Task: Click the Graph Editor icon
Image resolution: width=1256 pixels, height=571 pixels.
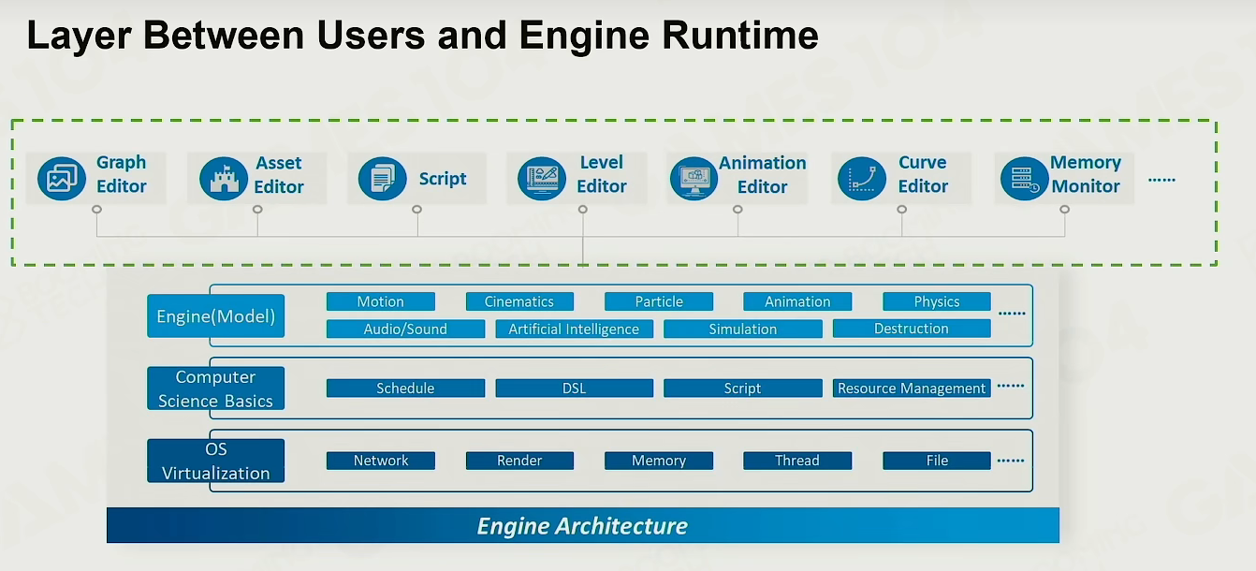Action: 62,179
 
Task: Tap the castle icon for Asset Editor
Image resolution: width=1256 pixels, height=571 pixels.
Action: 224,179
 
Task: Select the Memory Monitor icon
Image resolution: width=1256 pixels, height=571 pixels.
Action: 1025,179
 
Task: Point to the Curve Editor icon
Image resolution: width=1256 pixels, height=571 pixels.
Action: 862,179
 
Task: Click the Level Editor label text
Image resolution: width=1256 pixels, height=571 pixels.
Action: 602,174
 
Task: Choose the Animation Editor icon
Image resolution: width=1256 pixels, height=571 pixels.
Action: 694,179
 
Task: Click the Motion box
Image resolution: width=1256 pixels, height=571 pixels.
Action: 381,301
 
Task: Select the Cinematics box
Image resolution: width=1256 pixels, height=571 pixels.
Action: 519,301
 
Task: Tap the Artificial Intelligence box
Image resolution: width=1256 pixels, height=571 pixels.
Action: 574,329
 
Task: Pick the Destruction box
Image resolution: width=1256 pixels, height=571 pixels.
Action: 912,329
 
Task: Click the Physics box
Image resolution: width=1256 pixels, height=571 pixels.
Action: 937,301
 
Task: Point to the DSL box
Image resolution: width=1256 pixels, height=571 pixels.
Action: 574,388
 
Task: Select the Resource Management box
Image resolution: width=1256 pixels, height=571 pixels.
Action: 912,388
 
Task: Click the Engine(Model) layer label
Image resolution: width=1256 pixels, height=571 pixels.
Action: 216,315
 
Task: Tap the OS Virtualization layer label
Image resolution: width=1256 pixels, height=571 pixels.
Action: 216,461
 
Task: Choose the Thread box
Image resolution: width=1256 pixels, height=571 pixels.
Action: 797,461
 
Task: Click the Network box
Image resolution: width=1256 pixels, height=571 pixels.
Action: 381,461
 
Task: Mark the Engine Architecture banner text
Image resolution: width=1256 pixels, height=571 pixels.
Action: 582,526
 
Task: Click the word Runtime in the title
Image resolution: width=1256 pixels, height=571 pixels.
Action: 740,36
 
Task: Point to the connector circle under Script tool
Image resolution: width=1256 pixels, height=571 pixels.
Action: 416,210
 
